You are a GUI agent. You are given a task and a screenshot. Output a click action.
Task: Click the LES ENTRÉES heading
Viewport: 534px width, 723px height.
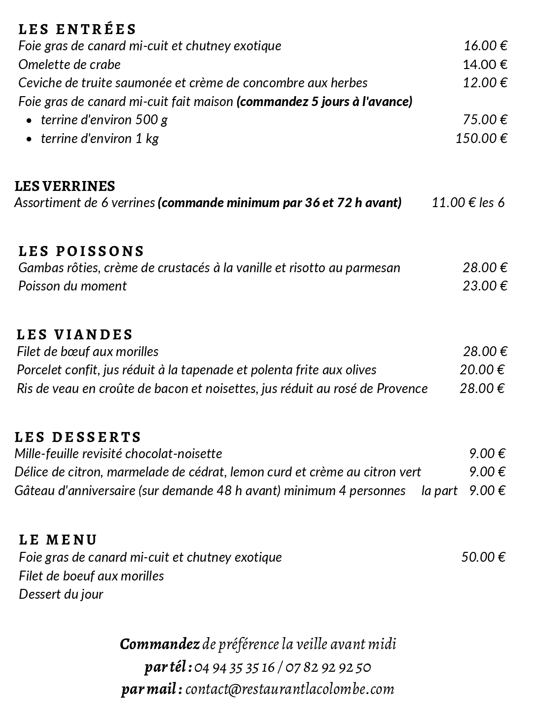77,29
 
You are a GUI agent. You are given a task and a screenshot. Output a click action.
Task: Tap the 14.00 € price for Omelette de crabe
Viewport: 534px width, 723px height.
485,65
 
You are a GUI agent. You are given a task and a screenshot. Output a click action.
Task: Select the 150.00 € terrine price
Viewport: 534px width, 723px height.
481,138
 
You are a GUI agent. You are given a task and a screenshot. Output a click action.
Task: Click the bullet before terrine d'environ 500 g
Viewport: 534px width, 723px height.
31,120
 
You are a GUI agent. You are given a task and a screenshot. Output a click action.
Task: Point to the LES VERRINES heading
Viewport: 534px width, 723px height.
65,186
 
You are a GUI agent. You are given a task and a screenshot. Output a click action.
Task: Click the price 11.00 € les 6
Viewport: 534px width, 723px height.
468,203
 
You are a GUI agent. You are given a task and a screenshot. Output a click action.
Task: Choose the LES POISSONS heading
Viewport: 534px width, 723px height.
81,251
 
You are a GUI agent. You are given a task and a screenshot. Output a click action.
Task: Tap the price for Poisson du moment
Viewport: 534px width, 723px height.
485,286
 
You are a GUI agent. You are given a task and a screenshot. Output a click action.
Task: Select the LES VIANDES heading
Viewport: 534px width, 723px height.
75,334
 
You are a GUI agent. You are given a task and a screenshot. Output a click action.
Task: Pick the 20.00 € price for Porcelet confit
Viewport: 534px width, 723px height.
482,370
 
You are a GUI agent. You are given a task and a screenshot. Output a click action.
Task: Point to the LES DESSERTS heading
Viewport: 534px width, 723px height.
78,437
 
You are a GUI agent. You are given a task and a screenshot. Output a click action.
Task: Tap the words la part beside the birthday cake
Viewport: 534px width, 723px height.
439,491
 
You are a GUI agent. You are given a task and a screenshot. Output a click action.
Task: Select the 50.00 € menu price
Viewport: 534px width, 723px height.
483,557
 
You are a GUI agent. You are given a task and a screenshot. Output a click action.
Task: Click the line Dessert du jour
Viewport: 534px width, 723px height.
61,594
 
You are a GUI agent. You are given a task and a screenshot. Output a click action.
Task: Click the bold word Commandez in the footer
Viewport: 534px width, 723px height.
160,644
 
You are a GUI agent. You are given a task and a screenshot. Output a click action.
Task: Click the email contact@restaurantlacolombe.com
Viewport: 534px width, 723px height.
290,689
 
